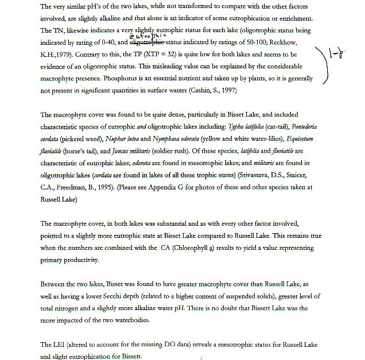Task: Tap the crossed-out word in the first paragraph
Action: pos(147,42)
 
